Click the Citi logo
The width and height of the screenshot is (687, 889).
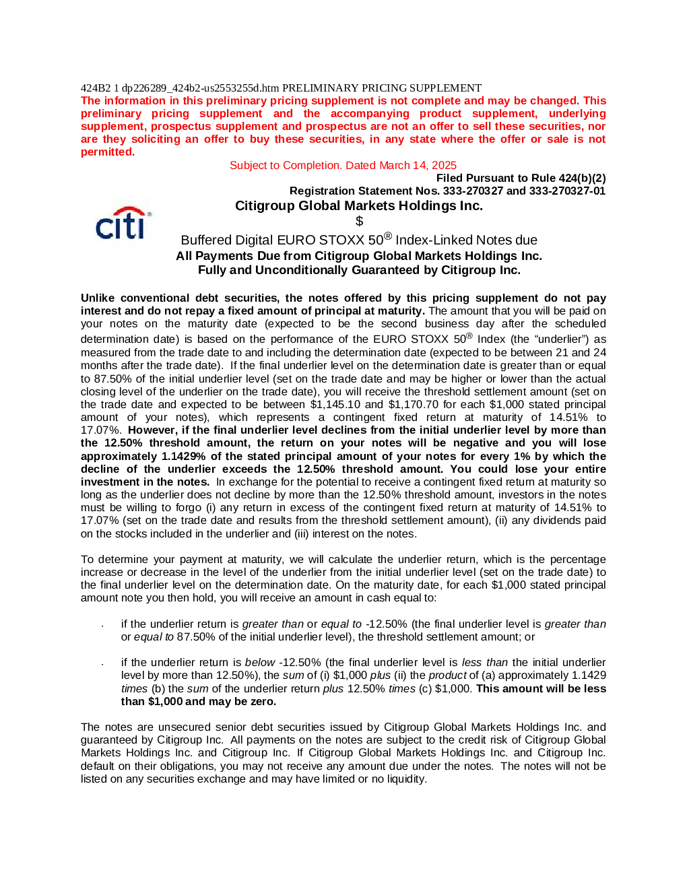[x=123, y=223]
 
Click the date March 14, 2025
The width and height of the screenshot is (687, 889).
[x=418, y=165]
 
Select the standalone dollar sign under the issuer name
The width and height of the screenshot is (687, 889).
[x=359, y=222]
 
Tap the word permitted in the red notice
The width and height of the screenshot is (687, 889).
[x=107, y=152]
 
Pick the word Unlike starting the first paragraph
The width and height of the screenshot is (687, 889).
[x=98, y=298]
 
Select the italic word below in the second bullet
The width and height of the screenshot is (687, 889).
[x=260, y=663]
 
